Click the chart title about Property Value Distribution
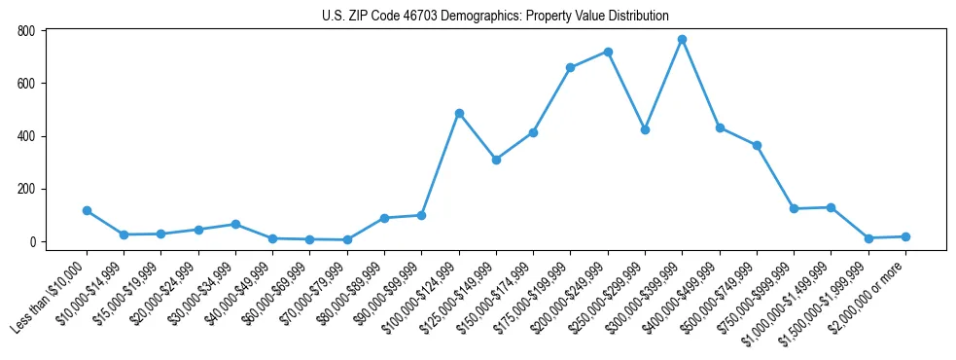495,16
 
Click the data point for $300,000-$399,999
682,39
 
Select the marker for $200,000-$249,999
608,52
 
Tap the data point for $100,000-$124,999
459,113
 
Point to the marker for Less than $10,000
87,210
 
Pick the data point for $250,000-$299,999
645,129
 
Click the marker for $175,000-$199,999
570,68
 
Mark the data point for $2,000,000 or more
905,236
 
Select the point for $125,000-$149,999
496,160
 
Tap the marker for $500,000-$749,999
757,145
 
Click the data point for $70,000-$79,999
347,239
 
